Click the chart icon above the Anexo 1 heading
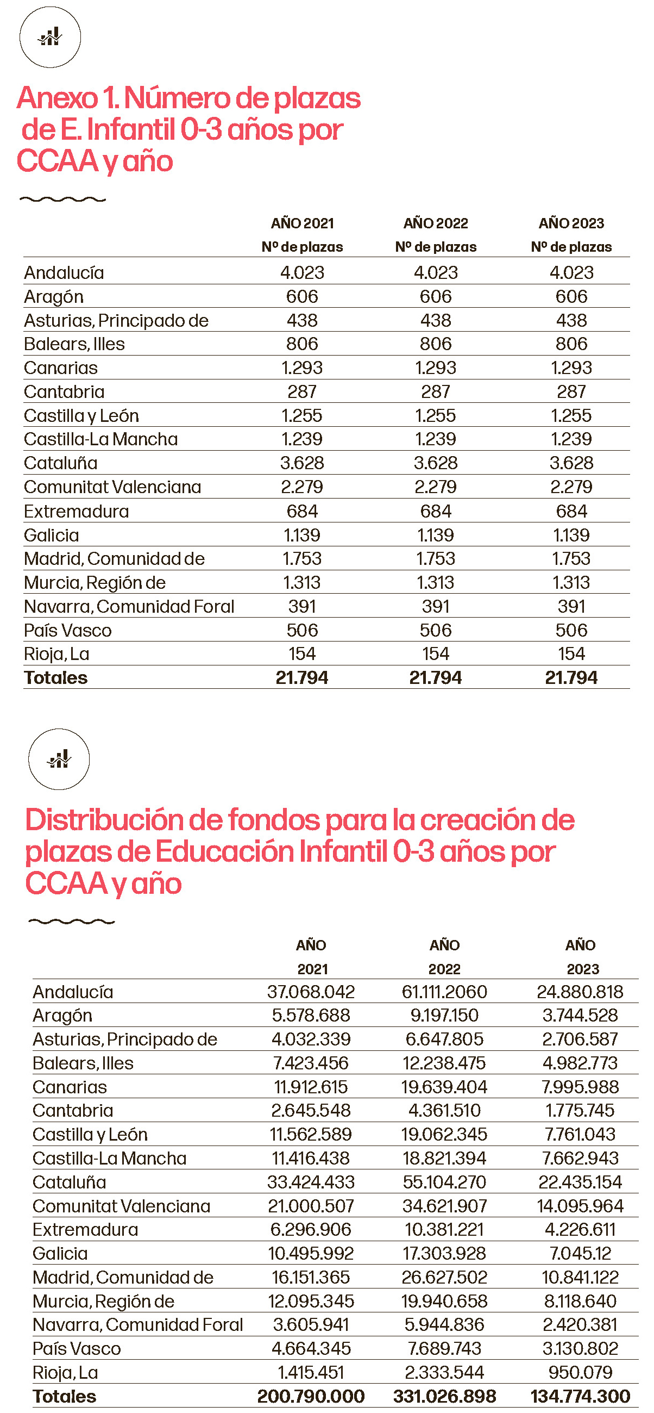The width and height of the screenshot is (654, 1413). pos(50,38)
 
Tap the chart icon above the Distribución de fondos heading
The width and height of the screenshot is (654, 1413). pos(59,759)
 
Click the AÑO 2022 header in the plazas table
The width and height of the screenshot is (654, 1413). pos(436,223)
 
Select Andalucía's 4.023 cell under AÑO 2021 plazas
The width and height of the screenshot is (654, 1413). pos(302,272)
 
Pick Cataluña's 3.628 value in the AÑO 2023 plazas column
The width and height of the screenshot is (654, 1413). pos(571,463)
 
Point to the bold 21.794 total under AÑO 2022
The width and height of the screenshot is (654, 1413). pos(436,678)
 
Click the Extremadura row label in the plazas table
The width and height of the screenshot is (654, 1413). pos(76,511)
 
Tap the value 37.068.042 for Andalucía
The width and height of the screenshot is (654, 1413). pos(311,992)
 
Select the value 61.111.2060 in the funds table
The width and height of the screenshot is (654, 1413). pos(444,992)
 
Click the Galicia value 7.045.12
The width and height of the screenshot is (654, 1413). pos(580,1253)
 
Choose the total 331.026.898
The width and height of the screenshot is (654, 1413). pos(444,1396)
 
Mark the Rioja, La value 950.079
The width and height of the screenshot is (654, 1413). pos(580,1372)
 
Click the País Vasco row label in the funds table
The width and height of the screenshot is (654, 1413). pos(77,1349)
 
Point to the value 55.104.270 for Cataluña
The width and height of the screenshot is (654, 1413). pos(444,1182)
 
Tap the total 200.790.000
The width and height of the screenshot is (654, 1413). pos(311,1396)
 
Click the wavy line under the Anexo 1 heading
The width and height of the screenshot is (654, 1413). pos(62,199)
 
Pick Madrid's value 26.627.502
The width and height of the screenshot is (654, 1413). pos(444,1278)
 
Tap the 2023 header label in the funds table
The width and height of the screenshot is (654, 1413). pos(583,969)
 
